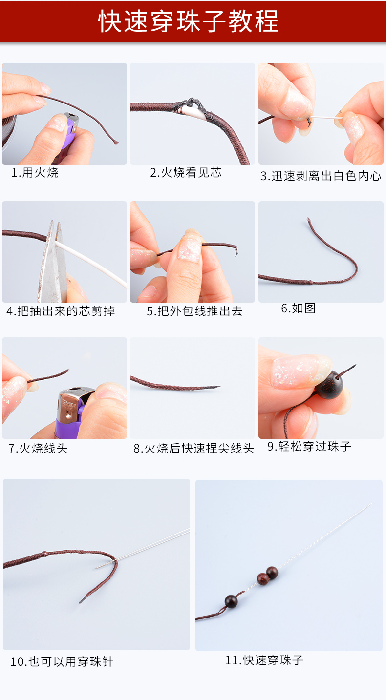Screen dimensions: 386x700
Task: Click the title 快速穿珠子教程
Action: pyautogui.click(x=188, y=21)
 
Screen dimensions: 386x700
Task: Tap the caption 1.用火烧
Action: pyautogui.click(x=35, y=172)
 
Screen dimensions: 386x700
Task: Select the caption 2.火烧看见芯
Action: pyautogui.click(x=186, y=172)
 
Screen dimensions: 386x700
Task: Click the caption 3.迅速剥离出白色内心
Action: pyautogui.click(x=321, y=176)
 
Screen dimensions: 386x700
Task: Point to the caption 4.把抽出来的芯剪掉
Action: pyautogui.click(x=61, y=311)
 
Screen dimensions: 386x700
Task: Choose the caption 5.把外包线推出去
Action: pyautogui.click(x=194, y=311)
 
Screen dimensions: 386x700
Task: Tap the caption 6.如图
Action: pyautogui.click(x=298, y=308)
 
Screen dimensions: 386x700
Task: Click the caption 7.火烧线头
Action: pyautogui.click(x=38, y=448)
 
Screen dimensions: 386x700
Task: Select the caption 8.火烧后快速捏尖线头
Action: pyautogui.click(x=193, y=448)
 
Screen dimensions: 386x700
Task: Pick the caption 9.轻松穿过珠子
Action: pyautogui.click(x=309, y=446)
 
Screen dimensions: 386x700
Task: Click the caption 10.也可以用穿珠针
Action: pyautogui.click(x=62, y=661)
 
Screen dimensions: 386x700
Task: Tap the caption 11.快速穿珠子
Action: pyautogui.click(x=264, y=660)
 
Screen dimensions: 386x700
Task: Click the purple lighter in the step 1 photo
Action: pyautogui.click(x=68, y=134)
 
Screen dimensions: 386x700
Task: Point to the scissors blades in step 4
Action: pyautogui.click(x=54, y=263)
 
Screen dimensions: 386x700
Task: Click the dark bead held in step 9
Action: pyautogui.click(x=329, y=384)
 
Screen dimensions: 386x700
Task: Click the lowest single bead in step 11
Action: pyautogui.click(x=231, y=601)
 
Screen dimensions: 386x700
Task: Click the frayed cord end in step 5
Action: pyautogui.click(x=235, y=250)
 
